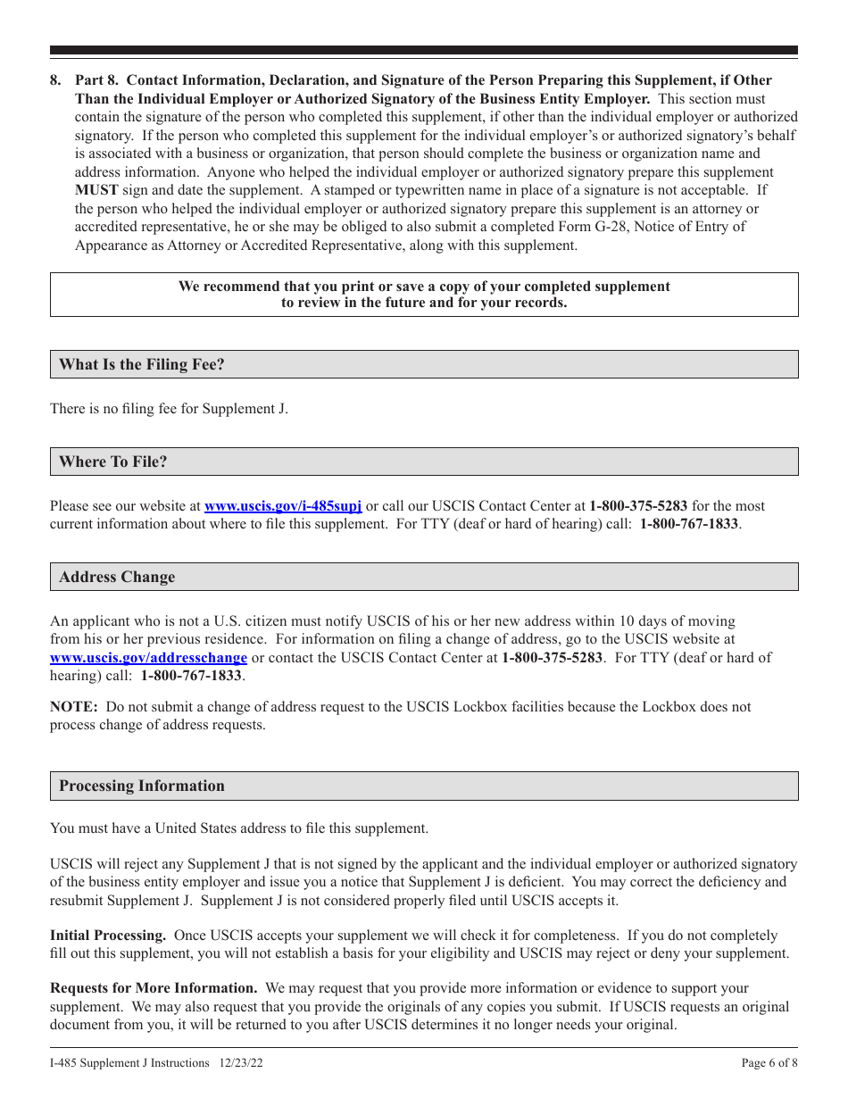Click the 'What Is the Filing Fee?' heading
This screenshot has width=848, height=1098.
pos(141,364)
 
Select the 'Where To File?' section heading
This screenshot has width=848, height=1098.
pos(112,462)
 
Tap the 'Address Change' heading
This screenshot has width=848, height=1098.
pos(117,577)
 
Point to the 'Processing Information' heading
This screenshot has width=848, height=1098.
pos(141,786)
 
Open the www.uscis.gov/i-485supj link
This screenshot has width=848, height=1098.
pos(283,505)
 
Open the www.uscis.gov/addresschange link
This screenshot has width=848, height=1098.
pos(148,658)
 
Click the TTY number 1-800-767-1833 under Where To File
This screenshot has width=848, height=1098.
pos(688,524)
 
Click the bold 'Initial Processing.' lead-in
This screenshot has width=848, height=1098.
pos(108,936)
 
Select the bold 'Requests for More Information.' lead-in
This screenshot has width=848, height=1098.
pos(154,988)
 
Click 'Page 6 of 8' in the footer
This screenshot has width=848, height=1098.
pos(769,1063)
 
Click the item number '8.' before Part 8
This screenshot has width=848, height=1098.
pos(56,80)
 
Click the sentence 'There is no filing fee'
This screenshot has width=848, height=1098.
pos(169,409)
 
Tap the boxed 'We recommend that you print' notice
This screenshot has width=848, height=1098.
pos(424,295)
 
